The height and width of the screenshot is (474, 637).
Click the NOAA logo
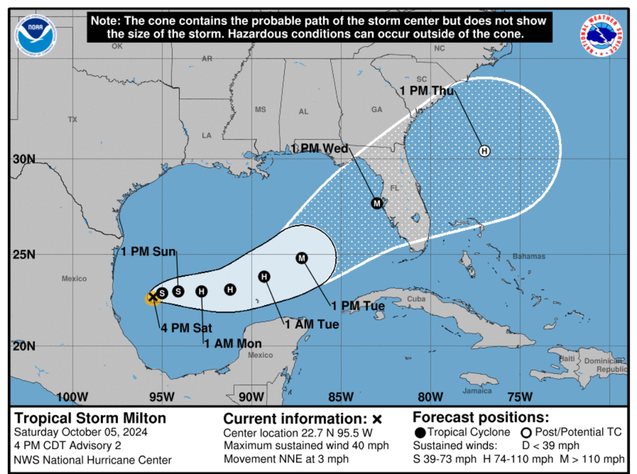point(35,35)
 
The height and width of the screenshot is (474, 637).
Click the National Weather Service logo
point(601,35)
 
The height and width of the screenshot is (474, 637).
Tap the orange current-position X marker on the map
point(152,297)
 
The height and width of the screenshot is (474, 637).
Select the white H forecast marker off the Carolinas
point(484,151)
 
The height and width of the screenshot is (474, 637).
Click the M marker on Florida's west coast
point(377,203)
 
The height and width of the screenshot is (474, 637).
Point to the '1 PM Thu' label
point(427,91)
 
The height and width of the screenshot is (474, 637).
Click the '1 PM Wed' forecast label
point(320,148)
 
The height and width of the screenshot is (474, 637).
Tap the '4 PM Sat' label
point(186,328)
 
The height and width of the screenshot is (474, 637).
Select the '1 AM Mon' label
point(233,343)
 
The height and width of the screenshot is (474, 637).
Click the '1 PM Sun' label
point(149,252)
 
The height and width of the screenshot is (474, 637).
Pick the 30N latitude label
point(24,159)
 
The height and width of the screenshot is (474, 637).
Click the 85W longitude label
point(341,397)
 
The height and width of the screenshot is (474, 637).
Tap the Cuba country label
point(416,299)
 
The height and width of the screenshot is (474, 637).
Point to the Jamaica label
point(477,391)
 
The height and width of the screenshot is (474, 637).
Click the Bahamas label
point(529,256)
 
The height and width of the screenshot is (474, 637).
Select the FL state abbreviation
point(395,188)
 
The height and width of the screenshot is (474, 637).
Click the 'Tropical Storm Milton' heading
point(90,418)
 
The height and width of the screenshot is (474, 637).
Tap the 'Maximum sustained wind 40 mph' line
point(306,445)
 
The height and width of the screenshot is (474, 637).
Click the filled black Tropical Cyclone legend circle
point(420,433)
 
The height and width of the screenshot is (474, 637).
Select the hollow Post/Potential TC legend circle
point(526,433)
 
